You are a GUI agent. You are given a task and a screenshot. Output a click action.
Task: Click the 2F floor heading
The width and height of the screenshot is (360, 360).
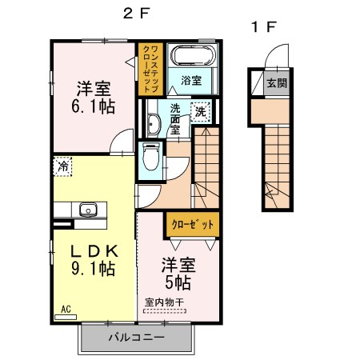tap(137, 14)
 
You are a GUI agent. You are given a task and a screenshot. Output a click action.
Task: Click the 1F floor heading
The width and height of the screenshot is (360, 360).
tap(264, 26)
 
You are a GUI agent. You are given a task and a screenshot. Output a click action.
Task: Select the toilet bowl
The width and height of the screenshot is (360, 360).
tap(151, 156)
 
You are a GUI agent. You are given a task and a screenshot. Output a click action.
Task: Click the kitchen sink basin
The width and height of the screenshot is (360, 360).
tap(88, 210)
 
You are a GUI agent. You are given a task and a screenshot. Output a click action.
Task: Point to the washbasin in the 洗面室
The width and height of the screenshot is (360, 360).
tap(154, 123)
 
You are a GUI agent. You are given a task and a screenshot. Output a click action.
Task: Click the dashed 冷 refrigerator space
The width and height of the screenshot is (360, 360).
tap(63, 166)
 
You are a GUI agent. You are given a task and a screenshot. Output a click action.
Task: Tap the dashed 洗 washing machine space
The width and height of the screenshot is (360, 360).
tap(201, 112)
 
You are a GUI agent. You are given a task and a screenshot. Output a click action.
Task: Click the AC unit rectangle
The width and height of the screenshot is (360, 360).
tap(66, 317)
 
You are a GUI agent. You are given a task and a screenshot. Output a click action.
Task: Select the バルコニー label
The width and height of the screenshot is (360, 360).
tap(137, 338)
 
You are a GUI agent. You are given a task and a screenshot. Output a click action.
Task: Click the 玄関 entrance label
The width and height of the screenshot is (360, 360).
tap(278, 83)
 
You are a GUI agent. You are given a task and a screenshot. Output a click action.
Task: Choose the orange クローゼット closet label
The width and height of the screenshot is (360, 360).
tap(193, 225)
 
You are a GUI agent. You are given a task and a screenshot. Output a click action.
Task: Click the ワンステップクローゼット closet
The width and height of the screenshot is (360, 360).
tap(150, 69)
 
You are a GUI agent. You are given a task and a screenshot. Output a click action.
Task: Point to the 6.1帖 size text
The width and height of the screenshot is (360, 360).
tap(93, 106)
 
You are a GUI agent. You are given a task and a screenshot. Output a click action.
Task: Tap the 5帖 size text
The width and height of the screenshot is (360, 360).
tap(178, 282)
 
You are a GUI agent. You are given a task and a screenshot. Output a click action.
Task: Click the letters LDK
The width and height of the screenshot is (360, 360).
tap(94, 251)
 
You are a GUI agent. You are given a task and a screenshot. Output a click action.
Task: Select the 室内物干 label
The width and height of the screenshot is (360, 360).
tap(165, 302)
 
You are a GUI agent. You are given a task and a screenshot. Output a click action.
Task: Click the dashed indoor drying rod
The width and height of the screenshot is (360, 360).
tap(165, 311)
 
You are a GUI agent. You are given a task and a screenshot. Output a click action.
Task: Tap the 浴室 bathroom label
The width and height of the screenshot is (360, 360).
tap(191, 80)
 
